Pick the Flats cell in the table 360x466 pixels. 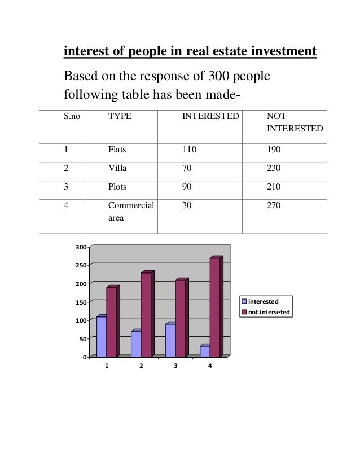[117, 151]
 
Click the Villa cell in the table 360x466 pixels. [117, 169]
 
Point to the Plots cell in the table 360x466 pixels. [117, 187]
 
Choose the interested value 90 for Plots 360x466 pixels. [187, 187]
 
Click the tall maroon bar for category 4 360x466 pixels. [215, 307]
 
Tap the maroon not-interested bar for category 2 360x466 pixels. [146, 314]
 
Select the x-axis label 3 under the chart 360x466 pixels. [175, 366]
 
